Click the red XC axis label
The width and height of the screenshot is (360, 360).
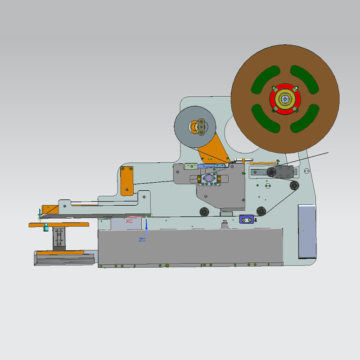coord(129,221)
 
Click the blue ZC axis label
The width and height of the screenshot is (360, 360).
coord(142,240)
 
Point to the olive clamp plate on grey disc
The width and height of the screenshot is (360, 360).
coord(201,126)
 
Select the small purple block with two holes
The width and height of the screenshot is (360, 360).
coord(247,219)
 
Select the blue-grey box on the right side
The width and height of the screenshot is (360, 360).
coord(307,231)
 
